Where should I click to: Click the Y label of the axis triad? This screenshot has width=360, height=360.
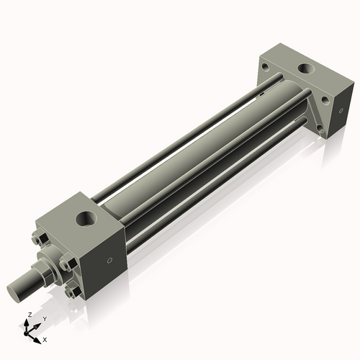point(44,318)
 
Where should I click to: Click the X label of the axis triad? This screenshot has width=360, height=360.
point(45,338)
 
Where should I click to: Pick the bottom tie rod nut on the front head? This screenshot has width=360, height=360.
point(69,292)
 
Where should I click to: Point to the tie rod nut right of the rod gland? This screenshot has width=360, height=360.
point(69,264)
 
